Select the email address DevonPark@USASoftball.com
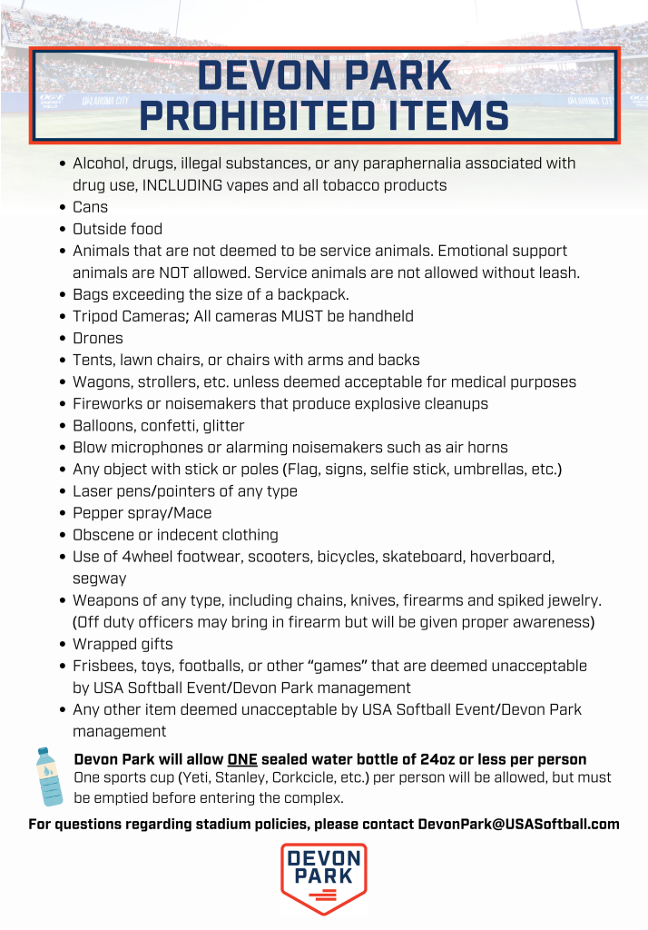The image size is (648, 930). [x=518, y=825]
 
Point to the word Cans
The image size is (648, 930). [x=90, y=207]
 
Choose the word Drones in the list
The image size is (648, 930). [x=98, y=338]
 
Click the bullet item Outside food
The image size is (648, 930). [x=117, y=229]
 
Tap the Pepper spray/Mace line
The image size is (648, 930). [x=142, y=513]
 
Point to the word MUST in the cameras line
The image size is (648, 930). [x=290, y=316]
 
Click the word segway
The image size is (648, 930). [x=100, y=579]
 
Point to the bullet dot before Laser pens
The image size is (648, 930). [x=61, y=491]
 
